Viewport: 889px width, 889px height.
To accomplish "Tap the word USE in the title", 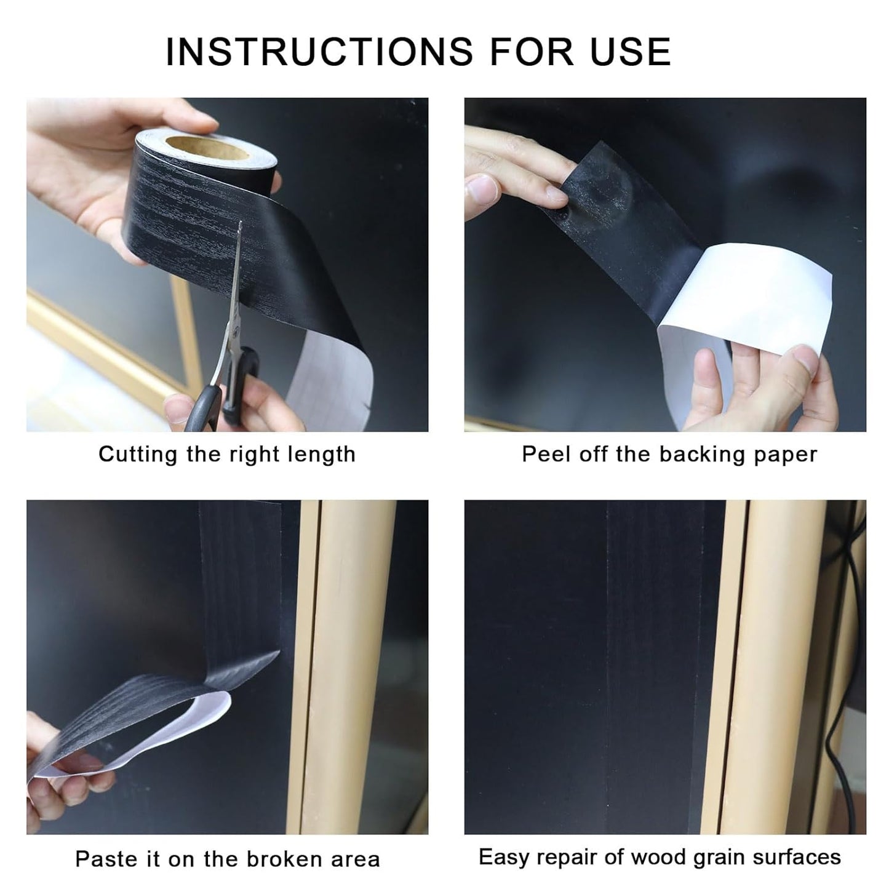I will coord(630,51).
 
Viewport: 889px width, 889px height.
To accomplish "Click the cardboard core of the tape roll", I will coord(185,148).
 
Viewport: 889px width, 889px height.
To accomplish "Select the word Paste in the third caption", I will coord(105,859).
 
